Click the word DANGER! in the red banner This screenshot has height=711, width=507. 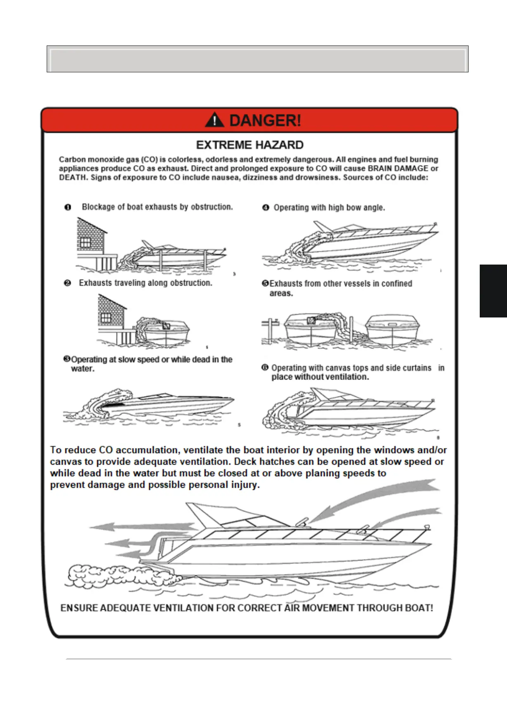[265, 120]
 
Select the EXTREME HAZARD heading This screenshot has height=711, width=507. [250, 145]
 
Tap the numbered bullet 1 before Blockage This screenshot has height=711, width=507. [68, 207]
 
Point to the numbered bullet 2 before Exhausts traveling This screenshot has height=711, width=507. [67, 283]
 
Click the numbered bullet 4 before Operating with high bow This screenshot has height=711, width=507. [266, 208]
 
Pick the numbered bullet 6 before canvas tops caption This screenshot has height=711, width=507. [265, 367]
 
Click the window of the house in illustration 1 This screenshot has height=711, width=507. [85, 242]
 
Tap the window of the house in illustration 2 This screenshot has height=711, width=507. [106, 318]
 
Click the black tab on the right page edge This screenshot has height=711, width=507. [493, 291]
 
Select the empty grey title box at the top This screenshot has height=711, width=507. [257, 59]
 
